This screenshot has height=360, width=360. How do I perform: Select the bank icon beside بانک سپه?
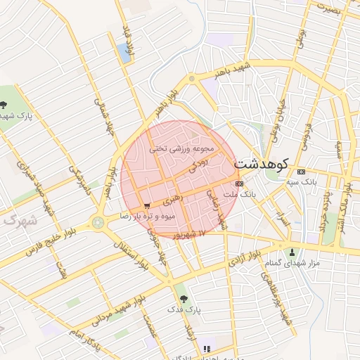pos(302,172)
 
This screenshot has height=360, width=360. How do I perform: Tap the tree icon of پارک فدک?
pos(184,299)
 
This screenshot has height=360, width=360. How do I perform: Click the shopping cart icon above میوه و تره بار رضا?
pos(146,206)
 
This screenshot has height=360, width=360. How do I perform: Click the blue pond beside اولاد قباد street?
pos(125,52)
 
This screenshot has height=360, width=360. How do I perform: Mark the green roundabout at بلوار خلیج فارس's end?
pos(96,223)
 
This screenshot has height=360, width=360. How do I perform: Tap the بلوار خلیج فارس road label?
pos(53,239)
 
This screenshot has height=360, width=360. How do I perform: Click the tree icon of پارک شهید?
pos(4,105)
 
